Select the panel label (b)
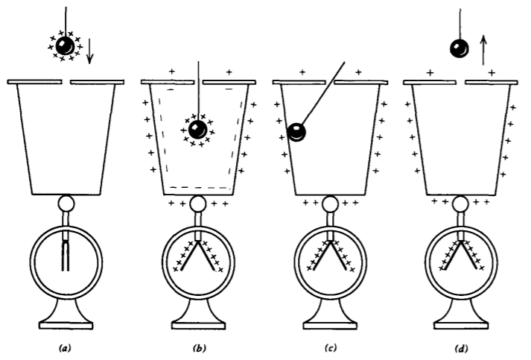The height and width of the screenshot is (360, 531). point(198,347)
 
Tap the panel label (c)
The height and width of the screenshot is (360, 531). point(329,347)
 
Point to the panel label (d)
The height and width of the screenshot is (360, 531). point(460,347)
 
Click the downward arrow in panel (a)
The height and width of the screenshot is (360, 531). point(91,50)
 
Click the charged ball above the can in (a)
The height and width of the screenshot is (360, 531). point(66,45)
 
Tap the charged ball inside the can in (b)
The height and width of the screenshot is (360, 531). point(197,130)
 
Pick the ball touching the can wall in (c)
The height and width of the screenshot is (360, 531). point(297,132)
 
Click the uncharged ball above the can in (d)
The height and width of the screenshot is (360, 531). point(459,49)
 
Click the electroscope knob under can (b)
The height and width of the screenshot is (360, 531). point(198,203)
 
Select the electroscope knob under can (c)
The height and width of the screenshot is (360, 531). point(329,203)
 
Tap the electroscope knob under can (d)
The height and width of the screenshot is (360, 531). point(460,203)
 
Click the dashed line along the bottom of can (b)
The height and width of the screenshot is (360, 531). point(198,185)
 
